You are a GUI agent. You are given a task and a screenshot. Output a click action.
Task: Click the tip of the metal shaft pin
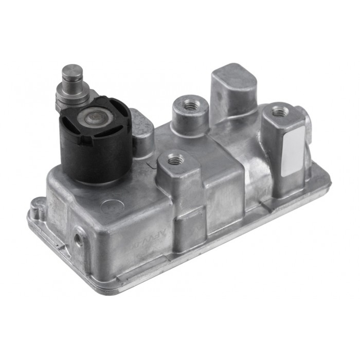pos(73,70)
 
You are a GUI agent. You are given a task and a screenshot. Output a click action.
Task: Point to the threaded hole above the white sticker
pos(280,110)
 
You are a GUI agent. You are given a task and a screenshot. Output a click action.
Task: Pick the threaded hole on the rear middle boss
pos(190,105)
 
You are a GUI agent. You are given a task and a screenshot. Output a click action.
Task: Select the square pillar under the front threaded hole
pos(175,185)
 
